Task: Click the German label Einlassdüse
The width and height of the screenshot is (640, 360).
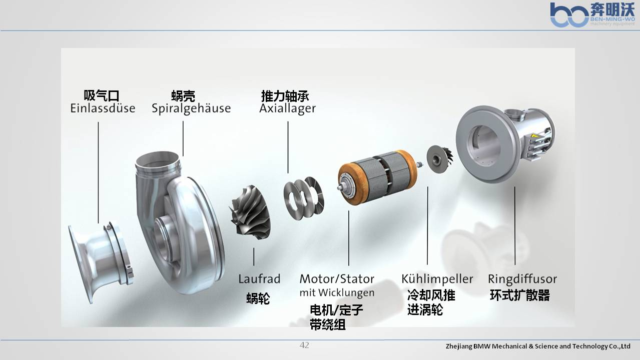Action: tap(103, 108)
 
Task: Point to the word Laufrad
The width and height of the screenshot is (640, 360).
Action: tap(259, 279)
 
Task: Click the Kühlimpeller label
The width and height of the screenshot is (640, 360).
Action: tap(437, 279)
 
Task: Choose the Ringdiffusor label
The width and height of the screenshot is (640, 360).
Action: tap(522, 279)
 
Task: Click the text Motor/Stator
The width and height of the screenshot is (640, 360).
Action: tap(337, 279)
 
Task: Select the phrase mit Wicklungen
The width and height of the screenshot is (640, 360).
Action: tap(337, 293)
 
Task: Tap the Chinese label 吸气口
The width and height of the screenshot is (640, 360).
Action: tap(102, 95)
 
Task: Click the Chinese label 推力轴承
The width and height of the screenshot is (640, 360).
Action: tap(285, 96)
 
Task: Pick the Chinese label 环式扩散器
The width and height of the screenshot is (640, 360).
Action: tap(520, 295)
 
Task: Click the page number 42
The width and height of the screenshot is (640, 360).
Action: tap(304, 345)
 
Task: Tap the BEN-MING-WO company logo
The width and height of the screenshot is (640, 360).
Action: tap(592, 14)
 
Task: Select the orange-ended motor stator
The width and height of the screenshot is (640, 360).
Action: tap(377, 177)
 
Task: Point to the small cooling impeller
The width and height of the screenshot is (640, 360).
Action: tap(440, 158)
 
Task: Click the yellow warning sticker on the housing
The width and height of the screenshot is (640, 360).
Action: tap(534, 136)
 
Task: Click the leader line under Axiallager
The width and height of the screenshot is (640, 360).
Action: tap(288, 147)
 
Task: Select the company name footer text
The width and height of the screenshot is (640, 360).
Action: tap(538, 346)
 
